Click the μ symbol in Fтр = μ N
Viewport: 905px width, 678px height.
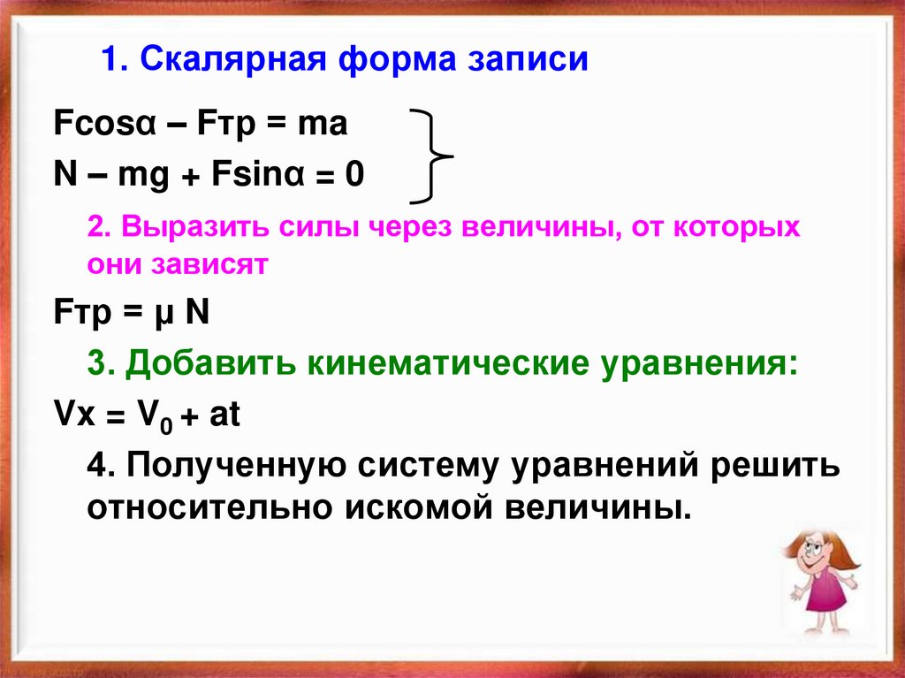pyautogui.click(x=162, y=312)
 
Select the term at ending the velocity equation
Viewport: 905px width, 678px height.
pyautogui.click(x=224, y=415)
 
